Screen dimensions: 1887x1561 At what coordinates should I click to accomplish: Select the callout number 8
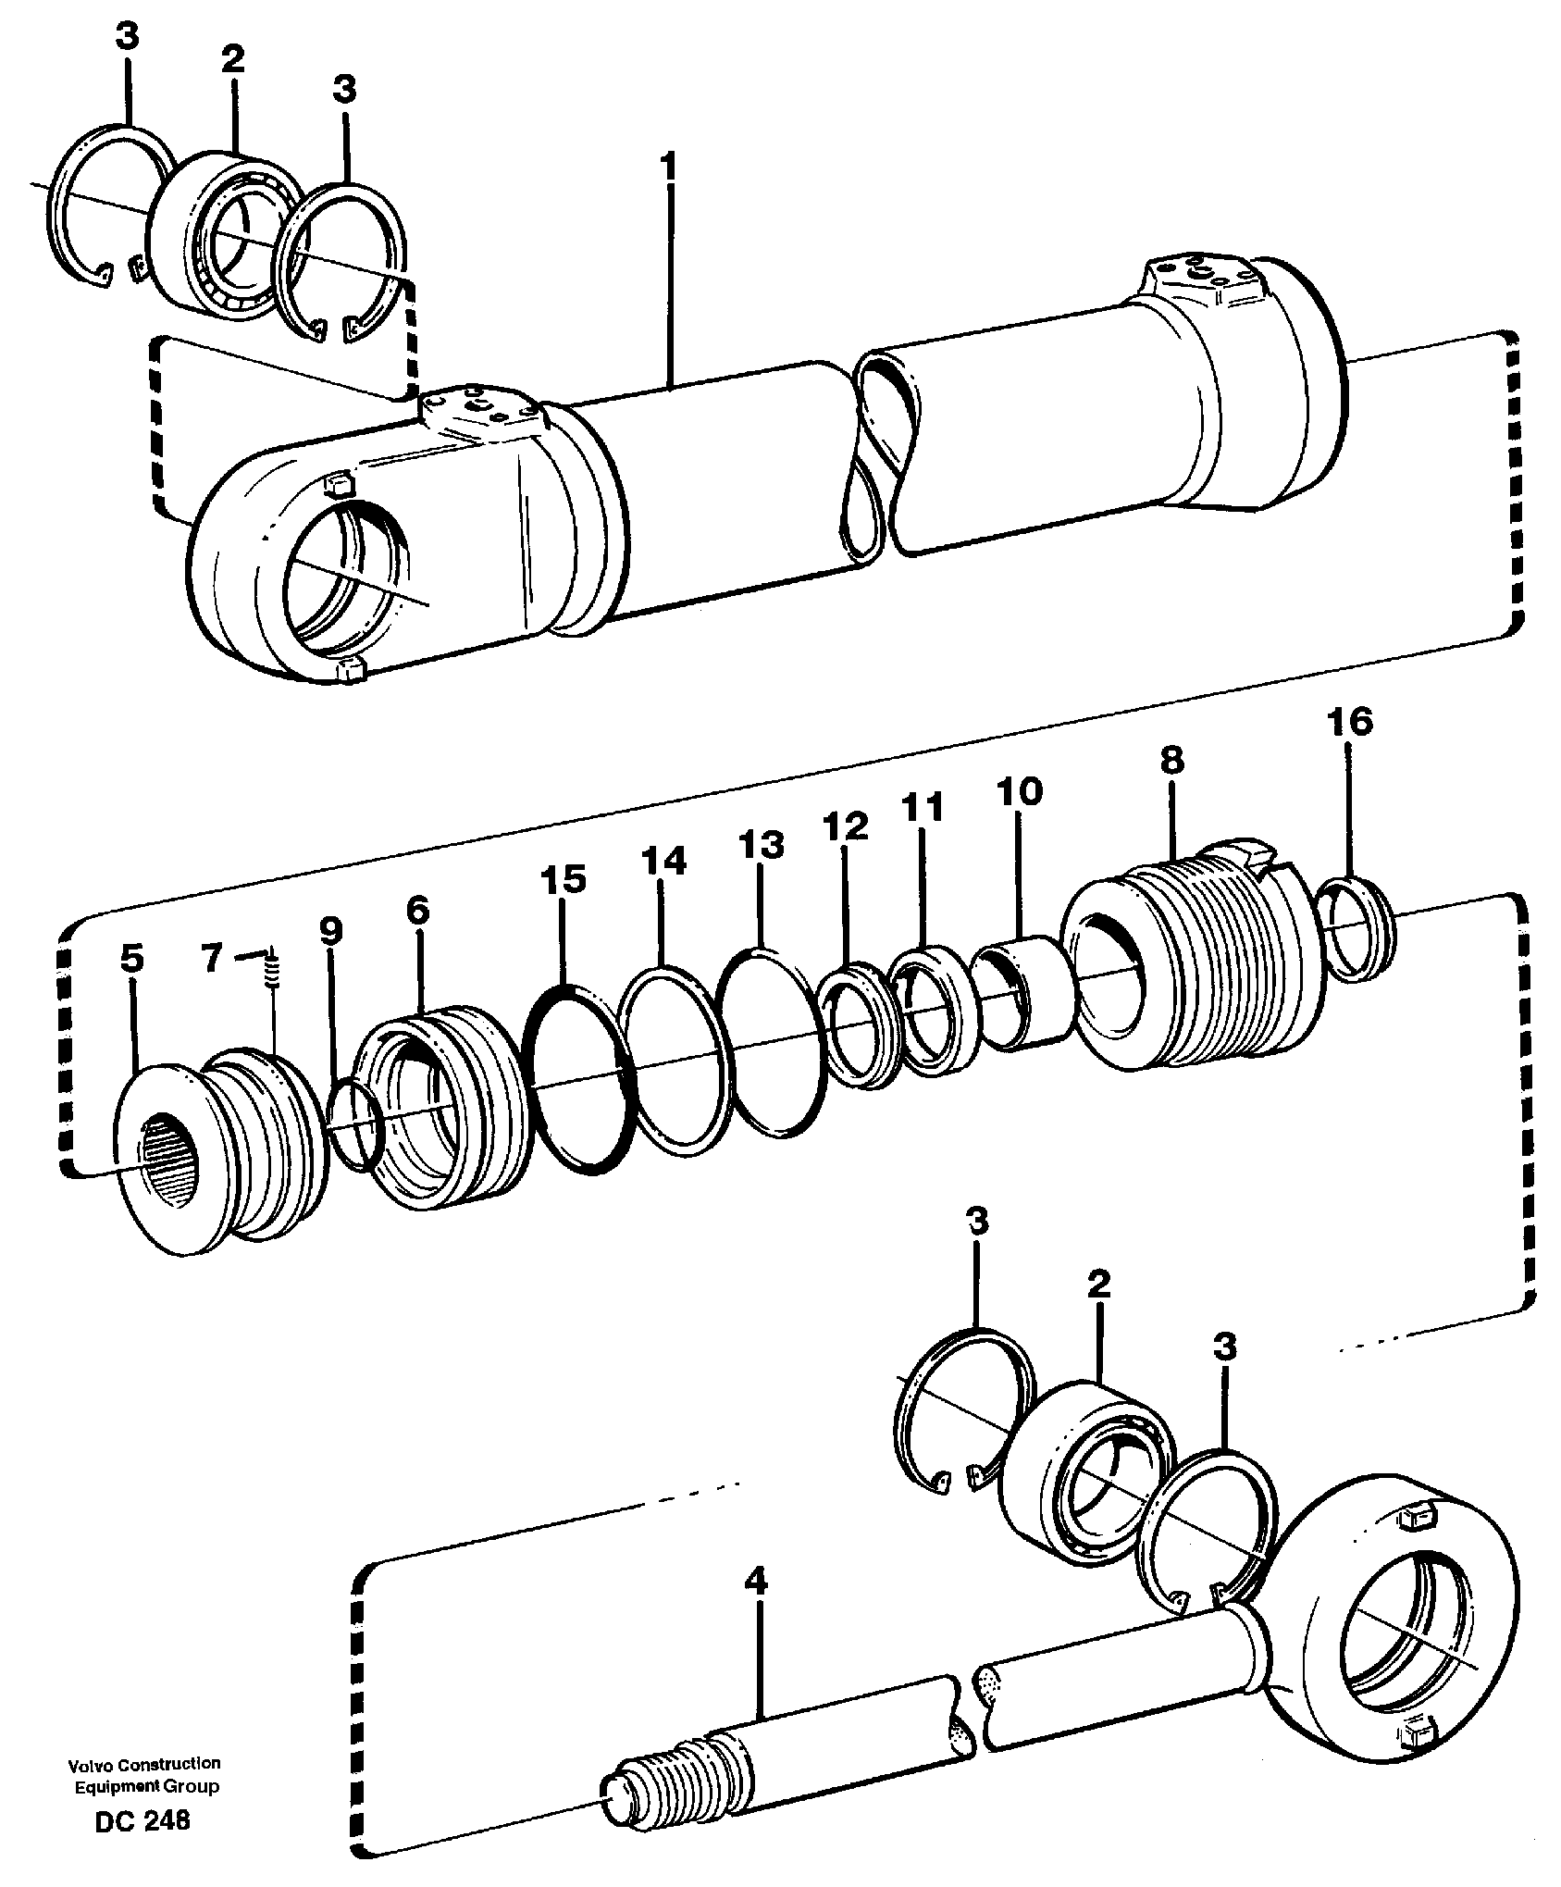click(x=1171, y=762)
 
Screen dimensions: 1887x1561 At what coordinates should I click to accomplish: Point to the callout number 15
click(x=564, y=880)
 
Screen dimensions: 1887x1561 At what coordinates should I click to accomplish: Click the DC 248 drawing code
click(x=142, y=1821)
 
